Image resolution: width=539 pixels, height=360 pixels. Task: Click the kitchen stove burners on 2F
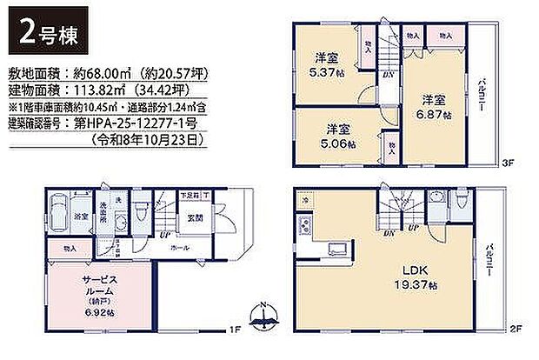click(x=305, y=228)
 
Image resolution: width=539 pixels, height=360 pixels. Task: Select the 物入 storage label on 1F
click(x=69, y=248)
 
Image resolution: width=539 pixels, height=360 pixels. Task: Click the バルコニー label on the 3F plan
click(x=480, y=91)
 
